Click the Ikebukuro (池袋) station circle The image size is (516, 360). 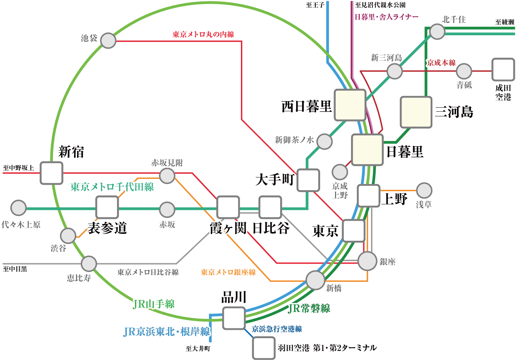[x=108, y=41]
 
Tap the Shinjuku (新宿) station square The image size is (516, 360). [x=52, y=173]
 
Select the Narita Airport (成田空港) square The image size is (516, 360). [x=503, y=70]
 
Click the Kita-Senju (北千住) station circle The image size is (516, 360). [x=437, y=32]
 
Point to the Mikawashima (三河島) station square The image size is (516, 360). [x=416, y=112]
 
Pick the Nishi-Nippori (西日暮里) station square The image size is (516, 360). [x=350, y=105]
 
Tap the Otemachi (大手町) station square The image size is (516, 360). [x=308, y=180]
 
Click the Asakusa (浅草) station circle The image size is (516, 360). [x=424, y=190]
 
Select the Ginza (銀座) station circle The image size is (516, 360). [x=367, y=261]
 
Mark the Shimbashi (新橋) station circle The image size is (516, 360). [x=315, y=280]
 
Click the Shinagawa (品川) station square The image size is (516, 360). [x=234, y=318]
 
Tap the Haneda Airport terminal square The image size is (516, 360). [x=264, y=348]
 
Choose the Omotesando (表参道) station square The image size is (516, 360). [x=107, y=208]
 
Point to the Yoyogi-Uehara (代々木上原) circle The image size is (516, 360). [x=18, y=208]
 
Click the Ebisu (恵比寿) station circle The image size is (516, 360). [x=89, y=264]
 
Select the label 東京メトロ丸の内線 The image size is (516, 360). [x=203, y=35]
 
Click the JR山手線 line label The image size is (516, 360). [x=153, y=304]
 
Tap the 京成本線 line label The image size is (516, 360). [x=441, y=63]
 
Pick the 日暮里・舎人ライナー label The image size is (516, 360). [x=387, y=17]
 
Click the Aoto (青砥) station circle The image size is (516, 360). [x=464, y=71]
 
